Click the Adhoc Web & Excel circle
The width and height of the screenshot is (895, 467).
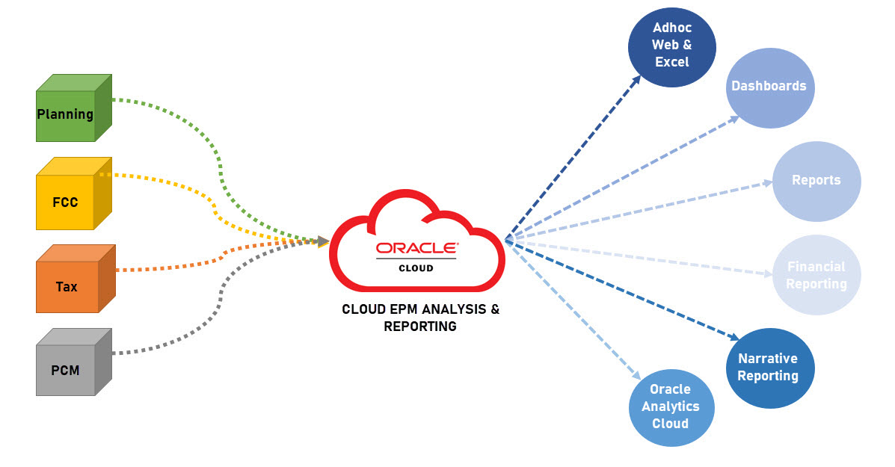click(x=671, y=46)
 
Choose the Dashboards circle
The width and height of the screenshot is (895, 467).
click(x=769, y=86)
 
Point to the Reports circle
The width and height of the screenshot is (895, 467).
click(x=816, y=181)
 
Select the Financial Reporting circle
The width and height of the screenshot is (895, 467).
click(x=816, y=275)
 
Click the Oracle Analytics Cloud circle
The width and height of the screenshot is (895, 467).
click(x=671, y=407)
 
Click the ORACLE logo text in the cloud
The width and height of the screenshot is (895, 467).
click(x=416, y=248)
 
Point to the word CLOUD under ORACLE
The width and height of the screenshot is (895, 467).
click(x=416, y=267)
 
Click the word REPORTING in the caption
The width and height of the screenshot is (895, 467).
click(x=419, y=327)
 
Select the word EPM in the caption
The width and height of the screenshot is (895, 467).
click(x=403, y=309)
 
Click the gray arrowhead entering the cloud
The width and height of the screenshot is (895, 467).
click(x=323, y=241)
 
